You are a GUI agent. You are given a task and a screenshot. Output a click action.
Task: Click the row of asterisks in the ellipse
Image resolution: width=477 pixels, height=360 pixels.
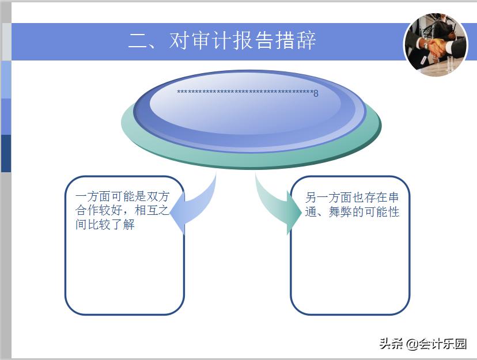pyautogui.click(x=244, y=93)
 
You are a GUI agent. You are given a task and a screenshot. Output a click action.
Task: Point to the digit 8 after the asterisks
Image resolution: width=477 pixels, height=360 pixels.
pyautogui.click(x=316, y=94)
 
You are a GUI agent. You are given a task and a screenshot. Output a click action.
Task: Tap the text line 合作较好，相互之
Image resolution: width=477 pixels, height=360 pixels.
pyautogui.click(x=122, y=211)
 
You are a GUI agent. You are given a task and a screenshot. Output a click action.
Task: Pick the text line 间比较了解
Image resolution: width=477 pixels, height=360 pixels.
pyautogui.click(x=105, y=225)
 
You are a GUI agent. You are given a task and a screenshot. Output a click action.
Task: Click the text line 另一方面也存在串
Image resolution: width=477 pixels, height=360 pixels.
pyautogui.click(x=352, y=198)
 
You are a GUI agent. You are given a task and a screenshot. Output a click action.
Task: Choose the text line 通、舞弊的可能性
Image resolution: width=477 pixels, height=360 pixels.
pyautogui.click(x=352, y=212)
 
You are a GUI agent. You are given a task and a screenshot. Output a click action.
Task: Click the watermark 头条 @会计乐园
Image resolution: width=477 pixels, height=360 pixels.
pyautogui.click(x=422, y=344)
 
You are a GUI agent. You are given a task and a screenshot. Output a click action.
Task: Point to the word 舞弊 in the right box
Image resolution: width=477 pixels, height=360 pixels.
pyautogui.click(x=340, y=212)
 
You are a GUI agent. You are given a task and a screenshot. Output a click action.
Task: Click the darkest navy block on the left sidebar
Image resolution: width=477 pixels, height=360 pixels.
pyautogui.click(x=6, y=153)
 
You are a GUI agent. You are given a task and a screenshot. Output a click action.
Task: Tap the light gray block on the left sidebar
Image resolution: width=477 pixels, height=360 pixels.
pyautogui.click(x=6, y=41)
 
